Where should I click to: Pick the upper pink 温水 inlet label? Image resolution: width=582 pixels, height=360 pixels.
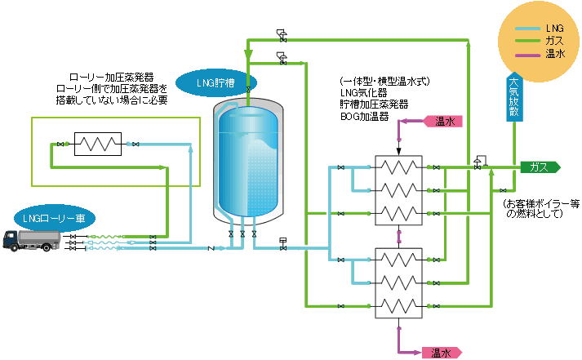[x=444, y=122]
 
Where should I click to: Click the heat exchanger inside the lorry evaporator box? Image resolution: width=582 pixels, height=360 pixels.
[x=98, y=144]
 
